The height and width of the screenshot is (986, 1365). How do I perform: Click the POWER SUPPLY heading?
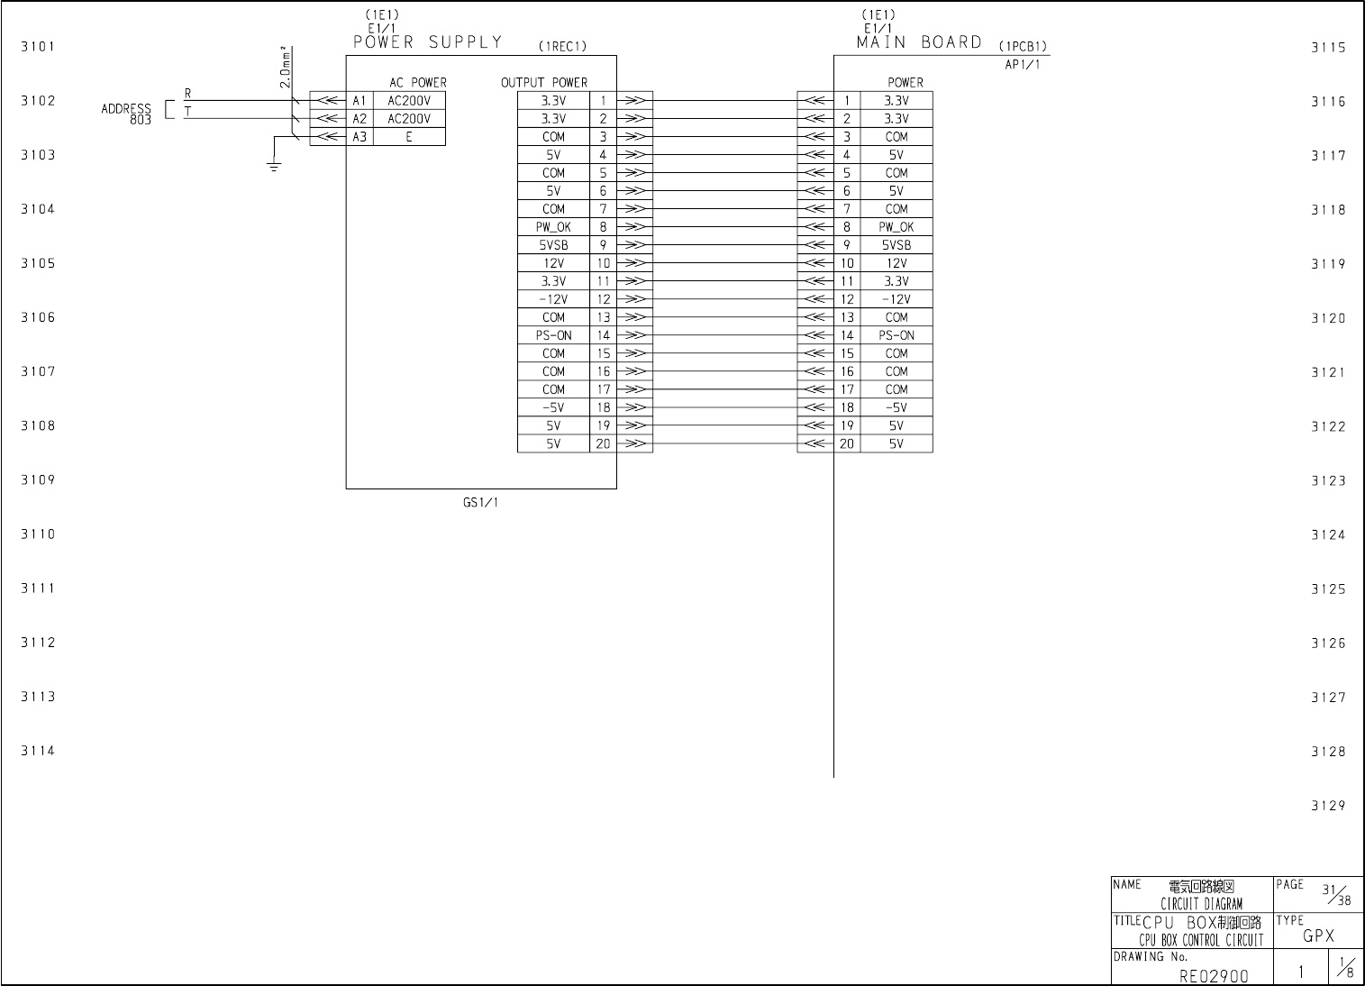click(427, 42)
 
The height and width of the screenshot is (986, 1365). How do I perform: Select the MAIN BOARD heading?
click(919, 42)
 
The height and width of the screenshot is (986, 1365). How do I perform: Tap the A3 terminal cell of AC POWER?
click(359, 137)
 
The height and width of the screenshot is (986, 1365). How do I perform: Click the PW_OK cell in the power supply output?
click(553, 227)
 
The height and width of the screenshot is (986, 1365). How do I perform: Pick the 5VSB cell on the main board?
click(896, 245)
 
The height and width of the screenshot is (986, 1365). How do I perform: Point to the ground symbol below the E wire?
click(275, 166)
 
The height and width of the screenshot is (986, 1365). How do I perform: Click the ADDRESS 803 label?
click(126, 114)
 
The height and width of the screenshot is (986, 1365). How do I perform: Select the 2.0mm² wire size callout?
click(285, 67)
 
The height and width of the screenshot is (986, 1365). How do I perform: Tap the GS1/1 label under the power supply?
click(480, 503)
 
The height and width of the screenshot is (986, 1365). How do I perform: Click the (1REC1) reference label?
click(562, 47)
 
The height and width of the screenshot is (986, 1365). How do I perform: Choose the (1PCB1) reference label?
click(1023, 47)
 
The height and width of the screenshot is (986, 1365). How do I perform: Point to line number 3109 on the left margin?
click(38, 480)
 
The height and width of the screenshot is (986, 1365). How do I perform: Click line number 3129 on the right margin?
click(1328, 806)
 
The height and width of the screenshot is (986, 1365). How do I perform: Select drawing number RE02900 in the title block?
click(1214, 975)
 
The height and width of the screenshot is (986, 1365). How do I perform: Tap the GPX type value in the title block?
click(1318, 936)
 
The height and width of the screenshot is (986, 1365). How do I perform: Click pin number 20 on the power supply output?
click(603, 443)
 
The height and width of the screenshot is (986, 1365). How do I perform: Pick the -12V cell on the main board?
click(896, 299)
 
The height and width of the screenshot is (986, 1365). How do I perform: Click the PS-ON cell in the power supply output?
click(553, 335)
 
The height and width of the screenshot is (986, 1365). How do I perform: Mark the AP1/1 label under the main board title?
click(1023, 64)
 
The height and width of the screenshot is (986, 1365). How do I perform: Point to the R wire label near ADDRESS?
click(187, 94)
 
